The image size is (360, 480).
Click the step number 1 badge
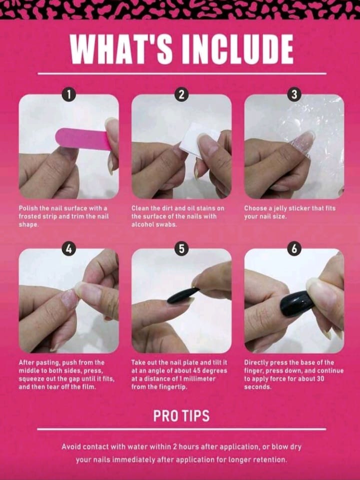[x=69, y=95]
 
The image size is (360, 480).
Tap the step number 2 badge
[x=181, y=95]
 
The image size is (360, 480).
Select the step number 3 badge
[x=294, y=95]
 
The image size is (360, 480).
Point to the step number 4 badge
[x=69, y=249]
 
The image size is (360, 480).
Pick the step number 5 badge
[x=181, y=249]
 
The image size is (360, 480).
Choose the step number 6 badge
[x=294, y=249]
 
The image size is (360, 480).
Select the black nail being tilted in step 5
[x=183, y=296]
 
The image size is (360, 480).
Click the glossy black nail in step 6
[x=297, y=303]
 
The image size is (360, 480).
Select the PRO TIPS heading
[x=181, y=416]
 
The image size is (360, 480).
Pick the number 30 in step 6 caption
[x=320, y=379]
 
